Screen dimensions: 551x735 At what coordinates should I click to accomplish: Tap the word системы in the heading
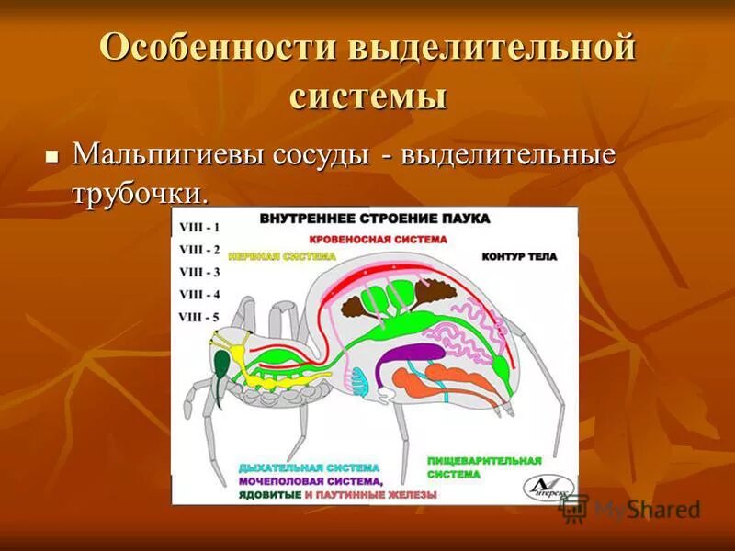click(x=368, y=95)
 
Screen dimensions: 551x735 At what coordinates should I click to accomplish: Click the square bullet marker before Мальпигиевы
click(x=51, y=153)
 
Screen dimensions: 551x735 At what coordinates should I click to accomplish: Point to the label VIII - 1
click(x=199, y=226)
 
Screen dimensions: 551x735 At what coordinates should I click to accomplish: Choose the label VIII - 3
click(x=199, y=272)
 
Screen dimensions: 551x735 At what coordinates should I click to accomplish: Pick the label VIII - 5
click(x=199, y=317)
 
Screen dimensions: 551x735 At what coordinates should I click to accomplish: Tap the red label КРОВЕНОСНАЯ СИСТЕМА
click(x=378, y=239)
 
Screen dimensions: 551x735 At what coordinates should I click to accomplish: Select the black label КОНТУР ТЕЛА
click(x=519, y=257)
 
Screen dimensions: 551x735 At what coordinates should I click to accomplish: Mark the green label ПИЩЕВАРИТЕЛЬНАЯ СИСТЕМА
click(x=483, y=467)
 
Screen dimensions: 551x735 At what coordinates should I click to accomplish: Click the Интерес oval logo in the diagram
click(x=548, y=488)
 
